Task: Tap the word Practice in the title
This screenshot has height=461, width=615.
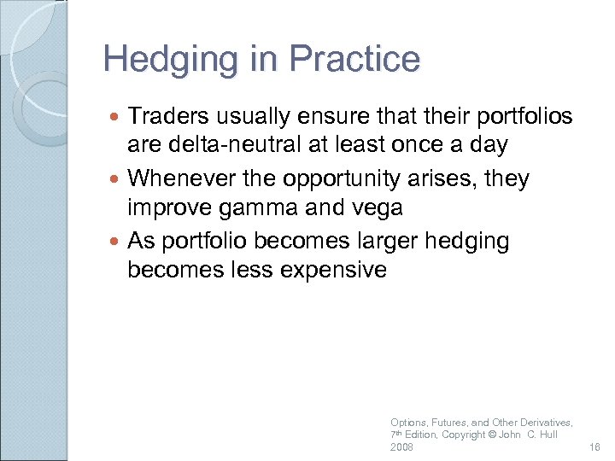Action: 354,60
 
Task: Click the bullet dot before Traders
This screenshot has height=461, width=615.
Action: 116,116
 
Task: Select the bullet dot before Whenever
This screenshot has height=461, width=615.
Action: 116,179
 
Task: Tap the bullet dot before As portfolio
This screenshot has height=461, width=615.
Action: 116,242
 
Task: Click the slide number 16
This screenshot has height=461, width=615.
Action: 595,447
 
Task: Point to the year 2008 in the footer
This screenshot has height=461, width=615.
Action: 401,447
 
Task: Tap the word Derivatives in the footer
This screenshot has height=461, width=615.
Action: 544,423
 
